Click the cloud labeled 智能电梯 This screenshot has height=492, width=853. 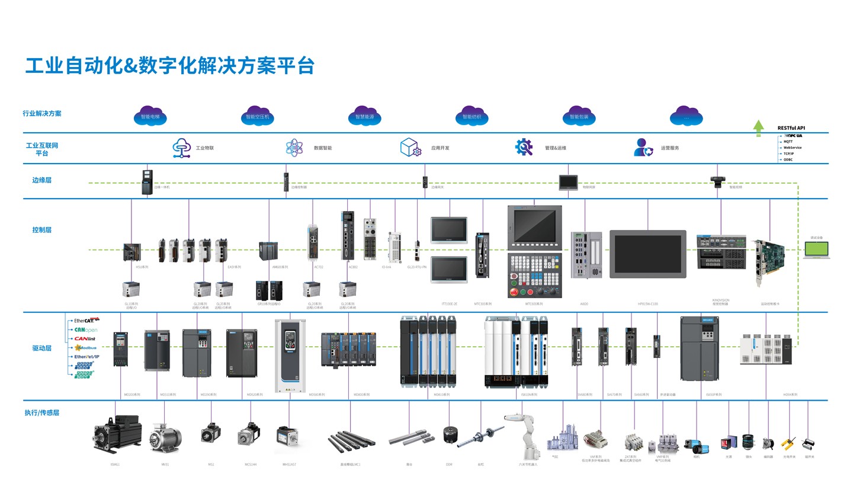pyautogui.click(x=150, y=116)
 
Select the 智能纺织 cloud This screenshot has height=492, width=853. pyautogui.click(x=472, y=116)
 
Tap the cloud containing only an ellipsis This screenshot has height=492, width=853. pyautogui.click(x=686, y=116)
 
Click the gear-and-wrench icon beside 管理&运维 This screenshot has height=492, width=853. pyautogui.click(x=524, y=147)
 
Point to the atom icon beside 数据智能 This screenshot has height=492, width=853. pyautogui.click(x=294, y=147)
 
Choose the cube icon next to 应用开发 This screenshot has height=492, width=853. pyautogui.click(x=411, y=147)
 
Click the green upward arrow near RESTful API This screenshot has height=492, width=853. pyautogui.click(x=758, y=128)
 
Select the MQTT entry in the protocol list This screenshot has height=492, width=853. pyautogui.click(x=788, y=142)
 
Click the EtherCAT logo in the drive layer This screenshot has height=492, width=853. pyautogui.click(x=84, y=321)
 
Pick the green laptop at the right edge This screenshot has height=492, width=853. pyautogui.click(x=816, y=250)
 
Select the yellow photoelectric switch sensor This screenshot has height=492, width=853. pyautogui.click(x=788, y=443)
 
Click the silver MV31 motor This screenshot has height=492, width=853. pyautogui.click(x=165, y=439)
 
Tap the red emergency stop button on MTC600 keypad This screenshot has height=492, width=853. pyautogui.click(x=514, y=292)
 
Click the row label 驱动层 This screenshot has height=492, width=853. pyautogui.click(x=41, y=349)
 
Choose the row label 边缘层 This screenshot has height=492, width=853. pyautogui.click(x=41, y=180)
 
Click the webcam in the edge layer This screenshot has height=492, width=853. pyautogui.click(x=718, y=181)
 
